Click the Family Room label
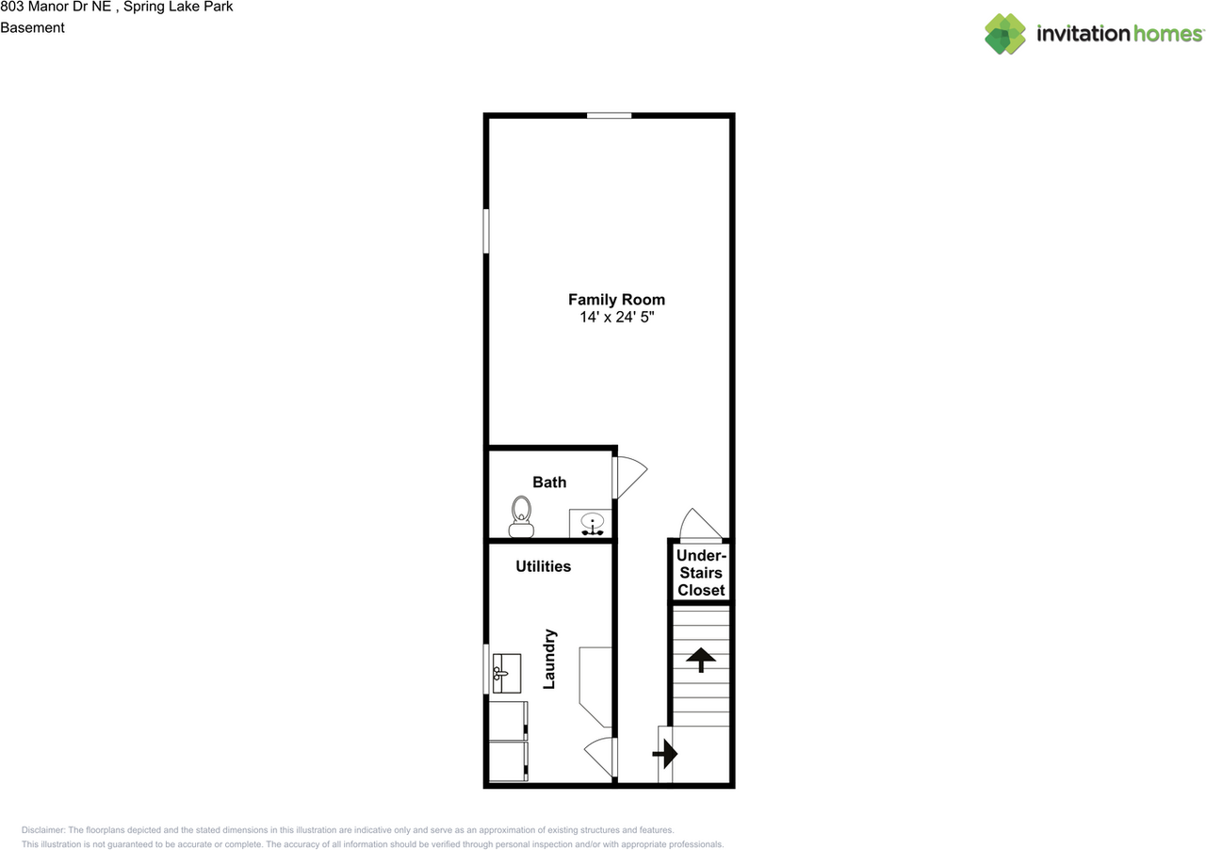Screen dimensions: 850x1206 (616, 300)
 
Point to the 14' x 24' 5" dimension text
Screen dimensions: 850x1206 (616, 319)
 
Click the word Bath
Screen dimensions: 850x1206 (549, 482)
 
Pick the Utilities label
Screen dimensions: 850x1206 (543, 566)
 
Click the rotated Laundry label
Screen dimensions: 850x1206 (549, 659)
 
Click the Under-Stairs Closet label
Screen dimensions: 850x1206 (701, 573)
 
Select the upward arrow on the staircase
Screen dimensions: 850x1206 (700, 659)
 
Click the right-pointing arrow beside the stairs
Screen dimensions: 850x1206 (666, 753)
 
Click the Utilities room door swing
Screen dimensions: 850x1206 (600, 755)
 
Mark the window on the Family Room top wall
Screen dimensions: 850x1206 (609, 116)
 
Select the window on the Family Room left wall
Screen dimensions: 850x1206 (487, 231)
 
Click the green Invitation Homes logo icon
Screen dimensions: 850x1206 (1005, 34)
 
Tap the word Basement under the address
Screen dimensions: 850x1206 (32, 27)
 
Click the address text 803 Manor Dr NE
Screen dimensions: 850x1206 (57, 7)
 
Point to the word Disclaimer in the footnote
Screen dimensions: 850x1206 (43, 830)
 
